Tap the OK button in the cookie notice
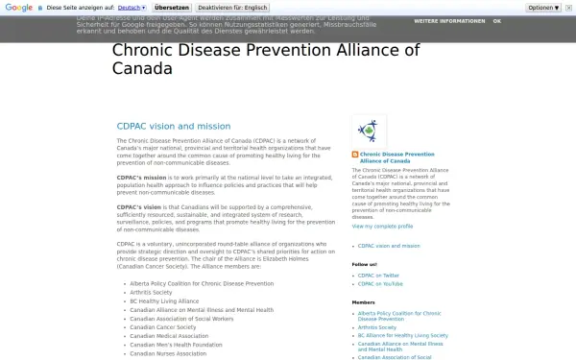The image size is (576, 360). click(496, 20)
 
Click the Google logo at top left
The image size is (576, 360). click(19, 7)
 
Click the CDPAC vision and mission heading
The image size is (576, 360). click(174, 126)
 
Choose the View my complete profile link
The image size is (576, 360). click(382, 227)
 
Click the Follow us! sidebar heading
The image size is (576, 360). click(365, 263)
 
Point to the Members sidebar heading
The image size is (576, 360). click(364, 302)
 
